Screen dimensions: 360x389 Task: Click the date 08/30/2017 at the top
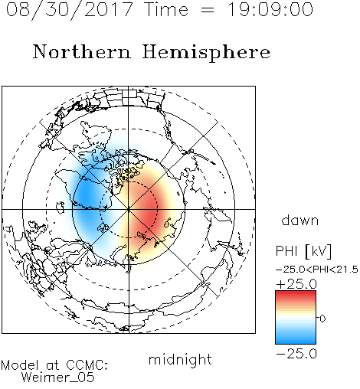pos(69,10)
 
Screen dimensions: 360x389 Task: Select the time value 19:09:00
pos(270,9)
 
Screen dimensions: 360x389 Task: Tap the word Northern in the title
pos(82,52)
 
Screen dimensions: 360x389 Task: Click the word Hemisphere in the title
pos(206,53)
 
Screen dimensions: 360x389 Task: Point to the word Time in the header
pos(166,9)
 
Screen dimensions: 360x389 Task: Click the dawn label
pos(300,220)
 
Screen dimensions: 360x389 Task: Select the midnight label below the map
pos(180,360)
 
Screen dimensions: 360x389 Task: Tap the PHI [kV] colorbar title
pos(303,251)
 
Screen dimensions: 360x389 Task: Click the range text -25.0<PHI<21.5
pos(317,270)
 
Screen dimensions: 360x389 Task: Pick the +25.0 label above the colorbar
pos(296,284)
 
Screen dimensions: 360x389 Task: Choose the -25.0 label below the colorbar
pos(296,354)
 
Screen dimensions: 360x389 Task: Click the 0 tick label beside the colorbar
pos(322,319)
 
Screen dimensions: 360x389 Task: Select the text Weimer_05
pos(58,378)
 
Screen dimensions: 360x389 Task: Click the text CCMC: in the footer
pos(87,365)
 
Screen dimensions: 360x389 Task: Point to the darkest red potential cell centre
pos(150,213)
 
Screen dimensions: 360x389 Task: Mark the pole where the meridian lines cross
pos(129,209)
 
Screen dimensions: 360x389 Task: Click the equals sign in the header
pos(208,10)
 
